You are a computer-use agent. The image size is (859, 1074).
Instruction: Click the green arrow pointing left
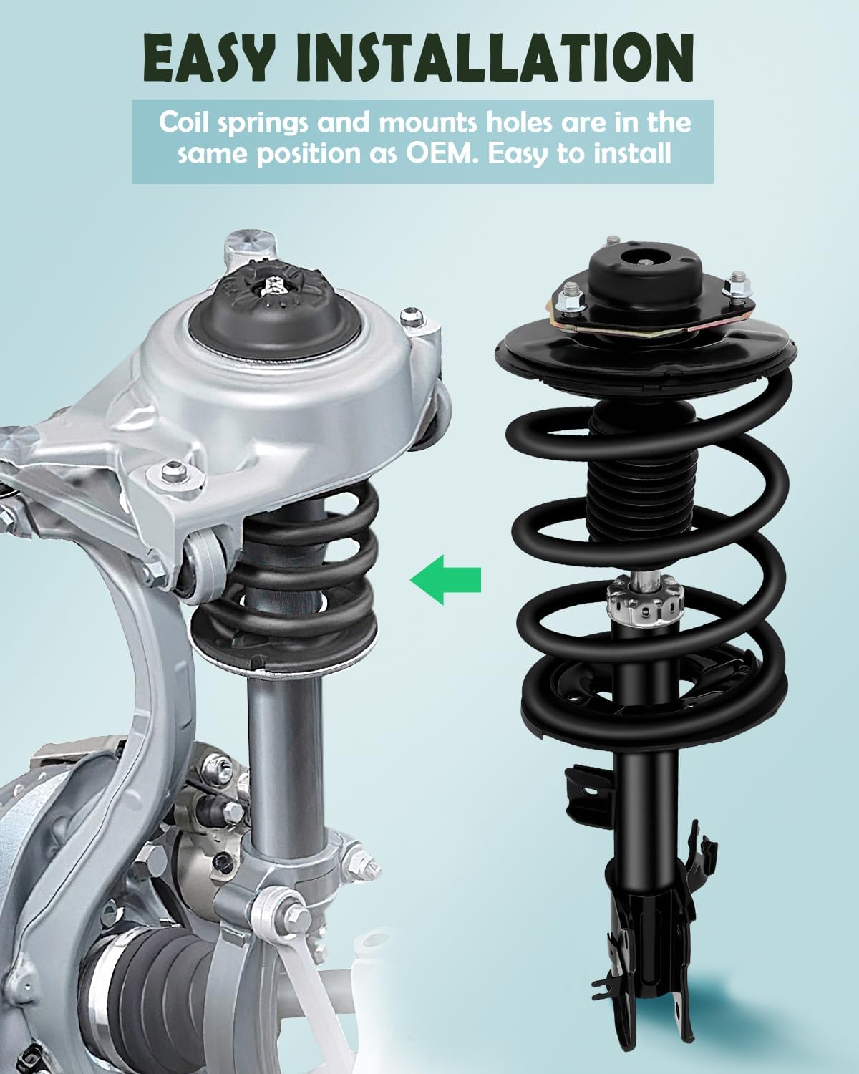pos(445,579)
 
